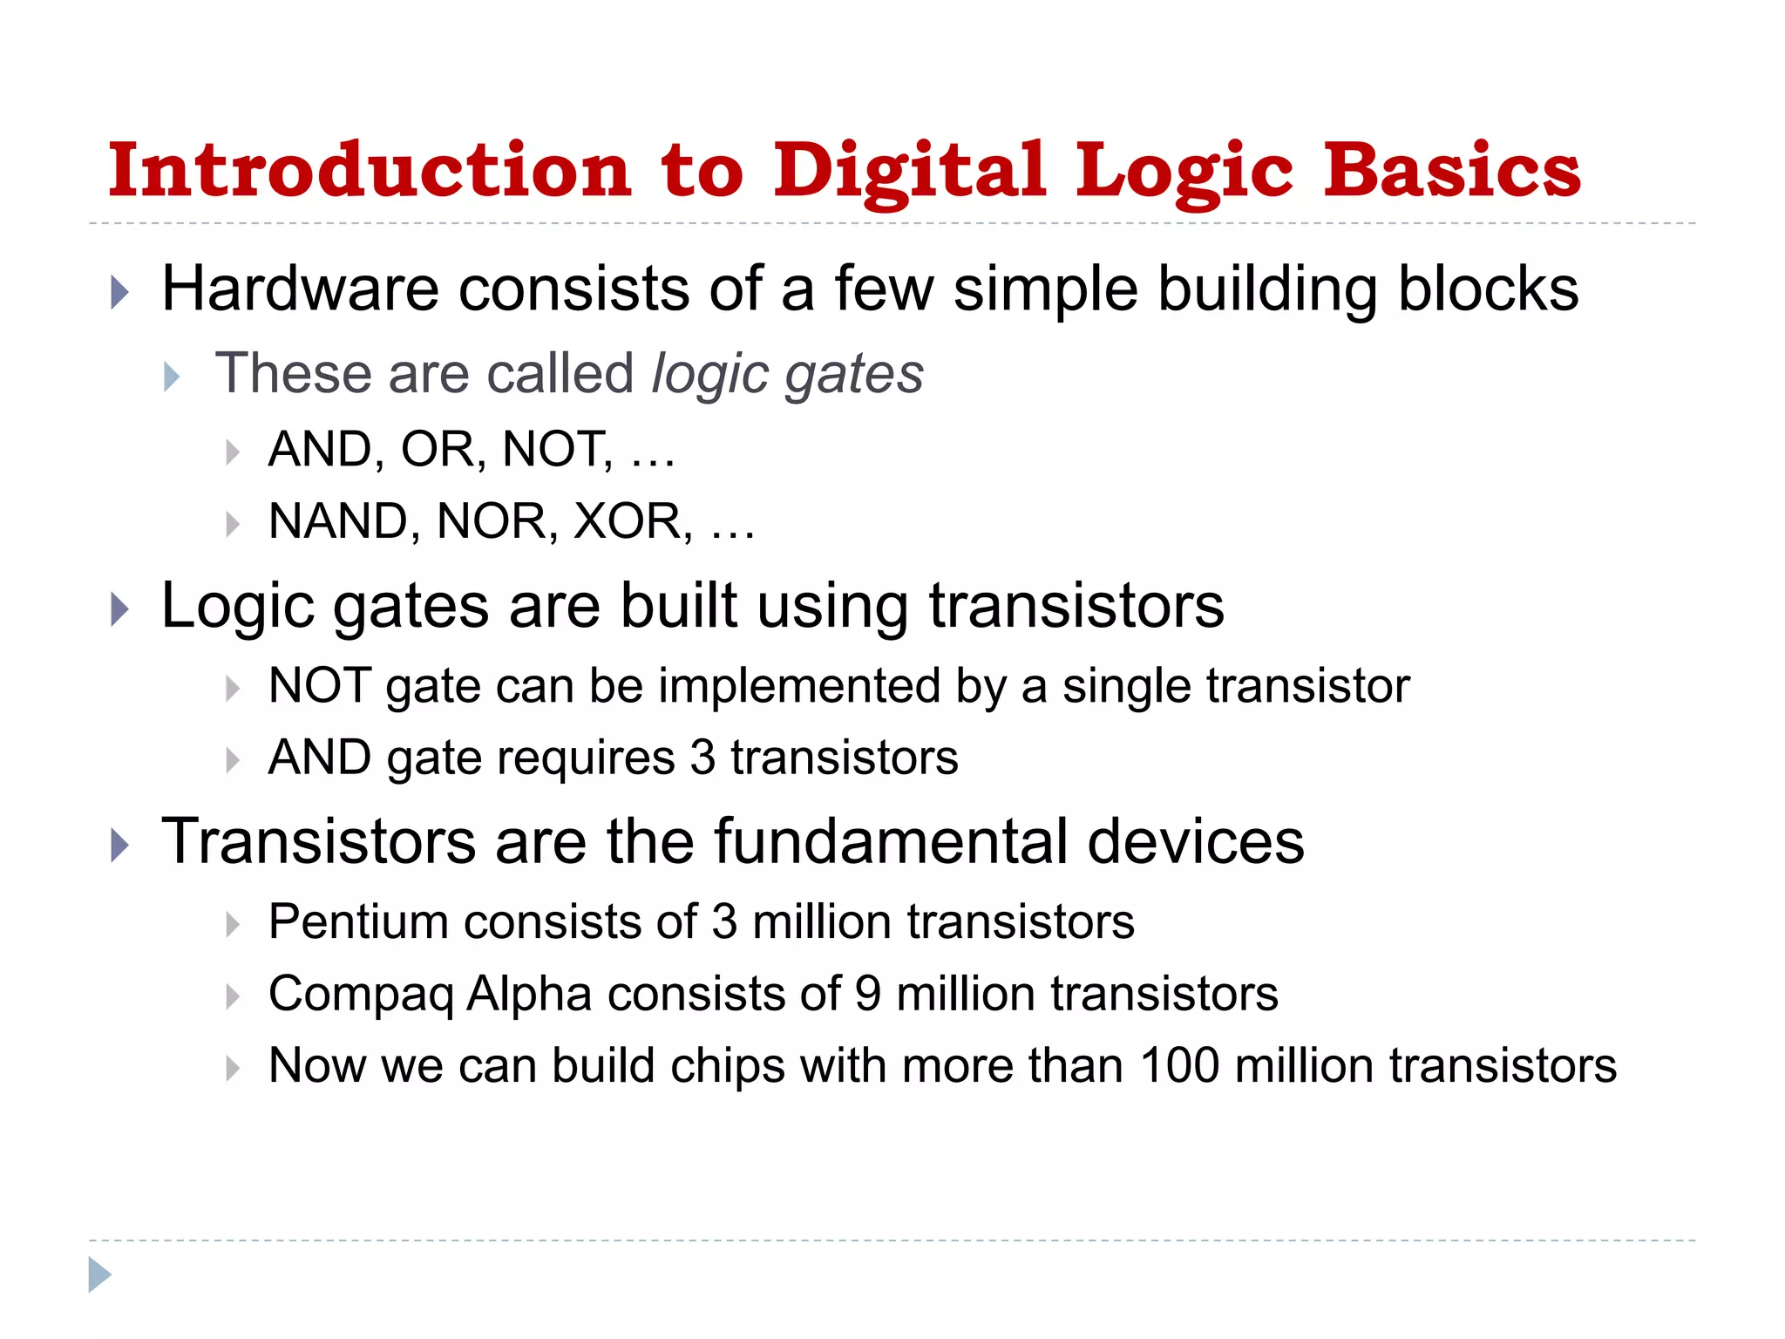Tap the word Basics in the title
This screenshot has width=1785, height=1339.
click(1452, 170)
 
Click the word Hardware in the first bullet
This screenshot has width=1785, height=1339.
click(301, 289)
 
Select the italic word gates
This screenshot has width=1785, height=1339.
click(853, 375)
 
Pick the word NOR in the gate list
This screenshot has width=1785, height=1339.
click(492, 521)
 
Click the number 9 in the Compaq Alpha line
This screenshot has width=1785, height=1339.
click(868, 994)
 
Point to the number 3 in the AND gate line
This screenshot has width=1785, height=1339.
click(702, 758)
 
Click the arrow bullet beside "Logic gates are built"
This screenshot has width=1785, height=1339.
click(120, 608)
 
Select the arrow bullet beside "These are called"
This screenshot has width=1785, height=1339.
click(172, 377)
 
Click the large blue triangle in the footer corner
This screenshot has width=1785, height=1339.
click(99, 1274)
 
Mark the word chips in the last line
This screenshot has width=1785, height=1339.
click(727, 1066)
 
